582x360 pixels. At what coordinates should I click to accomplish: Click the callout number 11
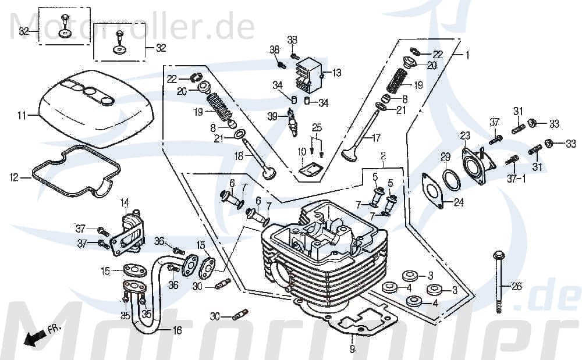click(22, 116)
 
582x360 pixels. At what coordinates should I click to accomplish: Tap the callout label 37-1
click(515, 179)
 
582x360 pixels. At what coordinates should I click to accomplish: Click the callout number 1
click(466, 55)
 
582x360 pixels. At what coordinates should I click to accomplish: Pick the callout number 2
click(383, 156)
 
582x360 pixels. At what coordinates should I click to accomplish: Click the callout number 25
click(317, 127)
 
